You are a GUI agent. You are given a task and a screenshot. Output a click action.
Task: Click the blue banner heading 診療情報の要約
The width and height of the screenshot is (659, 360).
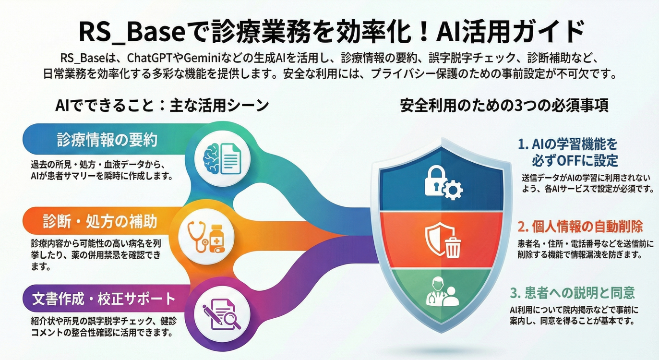[x=107, y=140]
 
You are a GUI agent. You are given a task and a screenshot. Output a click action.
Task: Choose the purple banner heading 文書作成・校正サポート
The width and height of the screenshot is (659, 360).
[x=104, y=300]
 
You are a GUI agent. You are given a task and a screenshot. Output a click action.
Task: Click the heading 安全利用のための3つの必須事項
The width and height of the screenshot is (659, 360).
[x=504, y=106]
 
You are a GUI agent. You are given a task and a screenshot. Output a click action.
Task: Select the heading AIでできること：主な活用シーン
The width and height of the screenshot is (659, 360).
[x=162, y=106]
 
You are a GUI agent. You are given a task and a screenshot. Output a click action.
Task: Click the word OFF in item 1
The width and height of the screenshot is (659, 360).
[x=567, y=160]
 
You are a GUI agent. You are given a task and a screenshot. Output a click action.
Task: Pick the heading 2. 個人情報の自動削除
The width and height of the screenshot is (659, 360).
[x=580, y=227]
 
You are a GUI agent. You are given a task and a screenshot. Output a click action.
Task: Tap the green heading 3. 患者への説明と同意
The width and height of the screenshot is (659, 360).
[x=572, y=292]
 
